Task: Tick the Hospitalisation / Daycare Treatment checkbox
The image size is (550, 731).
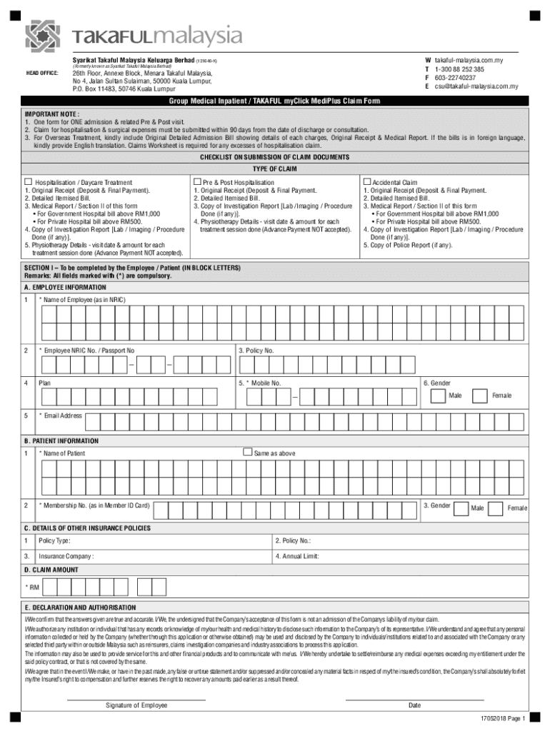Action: point(29,183)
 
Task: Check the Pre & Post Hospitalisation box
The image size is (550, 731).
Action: point(197,183)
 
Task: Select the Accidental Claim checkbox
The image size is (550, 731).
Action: point(367,183)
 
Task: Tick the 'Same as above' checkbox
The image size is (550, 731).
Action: point(247,452)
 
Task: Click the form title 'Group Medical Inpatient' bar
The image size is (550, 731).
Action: point(274,102)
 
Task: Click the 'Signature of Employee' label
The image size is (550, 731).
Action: point(136,705)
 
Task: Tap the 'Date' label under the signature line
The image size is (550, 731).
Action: point(414,705)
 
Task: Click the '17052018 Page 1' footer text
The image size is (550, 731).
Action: point(503,717)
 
